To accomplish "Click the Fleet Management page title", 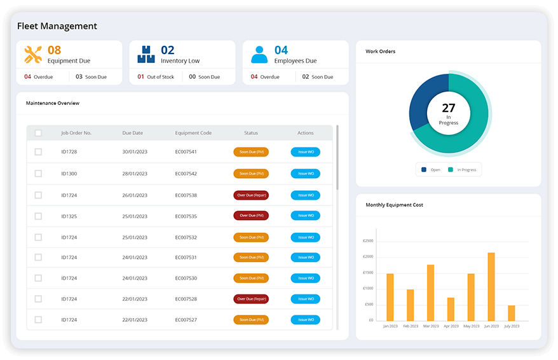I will pyautogui.click(x=57, y=26).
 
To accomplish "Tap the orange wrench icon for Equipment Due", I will pyautogui.click(x=33, y=55).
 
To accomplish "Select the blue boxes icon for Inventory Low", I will pyautogui.click(x=146, y=55).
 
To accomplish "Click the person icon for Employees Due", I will pyautogui.click(x=259, y=55).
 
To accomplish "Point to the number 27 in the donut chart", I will pyautogui.click(x=449, y=108).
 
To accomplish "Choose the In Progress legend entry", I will pyautogui.click(x=465, y=170).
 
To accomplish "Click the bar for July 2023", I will pyautogui.click(x=511, y=313).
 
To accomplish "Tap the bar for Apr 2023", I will pyautogui.click(x=451, y=309).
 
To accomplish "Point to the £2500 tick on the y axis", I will pyautogui.click(x=368, y=241).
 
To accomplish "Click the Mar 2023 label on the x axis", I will pyautogui.click(x=430, y=326).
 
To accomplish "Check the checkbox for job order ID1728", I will pyautogui.click(x=38, y=152).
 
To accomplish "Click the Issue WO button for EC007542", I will pyautogui.click(x=306, y=174).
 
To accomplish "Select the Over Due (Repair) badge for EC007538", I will pyautogui.click(x=251, y=195).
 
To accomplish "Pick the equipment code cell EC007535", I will pyautogui.click(x=186, y=216).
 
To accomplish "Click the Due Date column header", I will pyautogui.click(x=133, y=133).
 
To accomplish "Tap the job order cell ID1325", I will pyautogui.click(x=69, y=216).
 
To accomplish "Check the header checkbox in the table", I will pyautogui.click(x=38, y=133).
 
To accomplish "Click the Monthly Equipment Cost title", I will pyautogui.click(x=394, y=205).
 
